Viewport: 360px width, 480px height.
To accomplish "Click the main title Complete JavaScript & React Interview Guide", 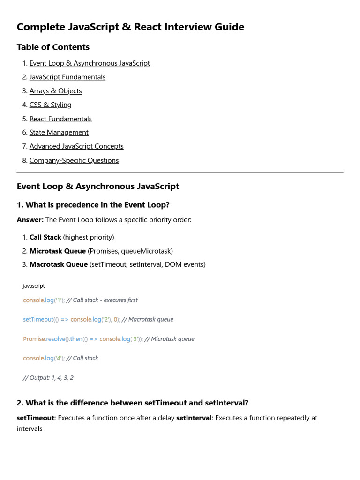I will [x=130, y=27].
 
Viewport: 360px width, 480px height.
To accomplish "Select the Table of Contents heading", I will [x=53, y=47].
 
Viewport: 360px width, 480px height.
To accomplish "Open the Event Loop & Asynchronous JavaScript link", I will [x=90, y=63].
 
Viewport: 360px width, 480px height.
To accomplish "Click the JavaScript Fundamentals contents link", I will [x=67, y=77].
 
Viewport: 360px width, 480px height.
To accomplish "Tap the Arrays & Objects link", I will [x=55, y=91].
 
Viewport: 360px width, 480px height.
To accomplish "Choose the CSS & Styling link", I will [x=50, y=105].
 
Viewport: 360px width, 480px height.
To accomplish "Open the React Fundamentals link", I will [x=60, y=119].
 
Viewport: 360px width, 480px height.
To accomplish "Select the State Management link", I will [x=59, y=133].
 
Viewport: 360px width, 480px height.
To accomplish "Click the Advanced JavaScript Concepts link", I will [x=76, y=146].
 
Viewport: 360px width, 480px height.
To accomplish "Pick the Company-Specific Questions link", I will [x=74, y=160].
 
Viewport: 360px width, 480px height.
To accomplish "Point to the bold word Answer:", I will [x=30, y=220].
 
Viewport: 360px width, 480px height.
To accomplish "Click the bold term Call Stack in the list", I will [x=45, y=237].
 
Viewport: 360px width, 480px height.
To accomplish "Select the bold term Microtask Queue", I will [x=58, y=251].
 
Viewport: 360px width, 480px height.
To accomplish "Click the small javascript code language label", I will [x=34, y=286].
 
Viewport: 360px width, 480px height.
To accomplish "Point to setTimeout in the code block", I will [x=38, y=320].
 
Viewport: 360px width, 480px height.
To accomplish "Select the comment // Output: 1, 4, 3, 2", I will [x=48, y=378].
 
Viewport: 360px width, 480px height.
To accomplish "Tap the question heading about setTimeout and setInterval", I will [x=133, y=403].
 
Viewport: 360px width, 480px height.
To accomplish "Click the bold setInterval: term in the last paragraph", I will [x=195, y=418].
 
